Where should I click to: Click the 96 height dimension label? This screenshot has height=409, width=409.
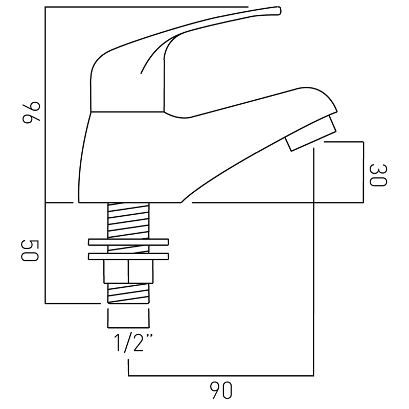(x=31, y=112)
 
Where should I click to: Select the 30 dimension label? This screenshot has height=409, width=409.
(x=378, y=175)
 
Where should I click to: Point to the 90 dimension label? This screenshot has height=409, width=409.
(x=221, y=391)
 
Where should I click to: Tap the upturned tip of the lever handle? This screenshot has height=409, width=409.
(x=280, y=10)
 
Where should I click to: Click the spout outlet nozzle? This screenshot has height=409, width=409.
(x=310, y=133)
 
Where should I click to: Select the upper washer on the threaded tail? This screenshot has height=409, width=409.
(x=128, y=242)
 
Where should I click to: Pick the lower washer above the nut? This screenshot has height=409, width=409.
(x=128, y=256)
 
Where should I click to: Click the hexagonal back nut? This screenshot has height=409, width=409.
(x=128, y=271)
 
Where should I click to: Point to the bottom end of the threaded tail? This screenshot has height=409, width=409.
(x=128, y=303)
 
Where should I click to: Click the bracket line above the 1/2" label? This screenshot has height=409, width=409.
(x=128, y=327)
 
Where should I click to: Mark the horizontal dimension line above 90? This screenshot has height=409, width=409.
(x=221, y=376)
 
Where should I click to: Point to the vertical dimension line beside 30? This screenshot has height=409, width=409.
(x=363, y=172)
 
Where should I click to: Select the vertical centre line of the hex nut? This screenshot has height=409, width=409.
(x=128, y=271)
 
